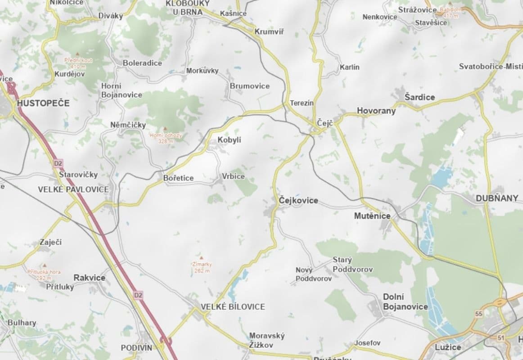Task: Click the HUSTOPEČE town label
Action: (43, 103)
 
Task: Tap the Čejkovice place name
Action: (298, 200)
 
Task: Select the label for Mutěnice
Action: (372, 216)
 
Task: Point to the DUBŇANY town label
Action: (497, 198)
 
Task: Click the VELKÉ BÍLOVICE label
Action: (233, 306)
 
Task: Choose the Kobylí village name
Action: (230, 140)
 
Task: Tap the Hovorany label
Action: (376, 111)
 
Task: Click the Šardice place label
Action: (419, 97)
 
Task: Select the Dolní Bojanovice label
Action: (405, 301)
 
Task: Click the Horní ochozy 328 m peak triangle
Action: (165, 129)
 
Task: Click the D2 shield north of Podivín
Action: (138, 295)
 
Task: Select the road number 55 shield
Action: (478, 313)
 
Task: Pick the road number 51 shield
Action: (501, 337)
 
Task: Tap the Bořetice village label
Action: (178, 178)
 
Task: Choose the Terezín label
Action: (302, 103)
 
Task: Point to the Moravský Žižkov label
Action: (267, 340)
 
